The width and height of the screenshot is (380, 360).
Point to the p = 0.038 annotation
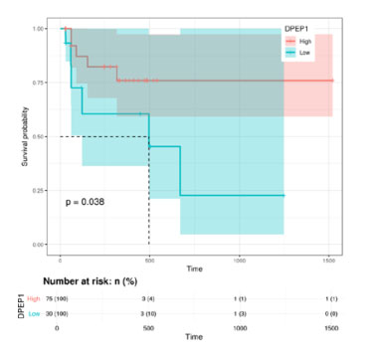pyautogui.click(x=86, y=202)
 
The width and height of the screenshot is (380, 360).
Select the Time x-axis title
pyautogui.click(x=193, y=270)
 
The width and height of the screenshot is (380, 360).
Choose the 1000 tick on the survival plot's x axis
pyautogui.click(x=239, y=259)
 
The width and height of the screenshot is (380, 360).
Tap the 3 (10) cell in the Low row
pyautogui.click(x=148, y=314)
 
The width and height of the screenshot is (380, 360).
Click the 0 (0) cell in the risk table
pyautogui.click(x=329, y=314)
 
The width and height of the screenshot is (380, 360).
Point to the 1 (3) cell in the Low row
pyautogui.click(x=239, y=314)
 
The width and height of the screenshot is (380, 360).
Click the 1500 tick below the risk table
pyautogui.click(x=329, y=328)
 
